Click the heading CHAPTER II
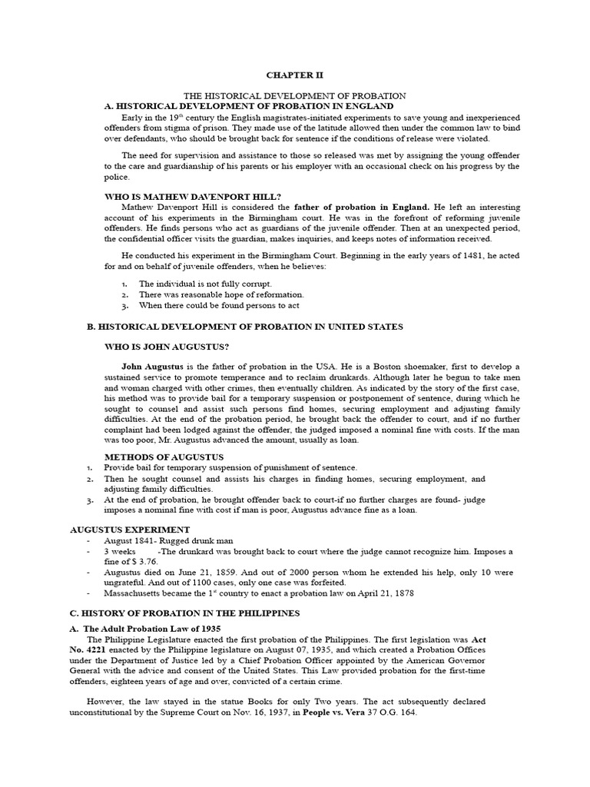[x=295, y=75]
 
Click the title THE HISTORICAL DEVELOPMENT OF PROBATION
[x=295, y=95]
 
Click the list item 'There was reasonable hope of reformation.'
[x=221, y=294]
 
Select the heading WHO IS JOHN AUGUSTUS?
[x=167, y=347]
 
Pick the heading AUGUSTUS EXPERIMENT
[x=130, y=530]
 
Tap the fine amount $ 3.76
[x=140, y=562]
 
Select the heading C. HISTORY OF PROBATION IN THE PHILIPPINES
[x=184, y=613]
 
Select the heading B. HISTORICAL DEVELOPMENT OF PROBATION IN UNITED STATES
[x=244, y=327]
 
